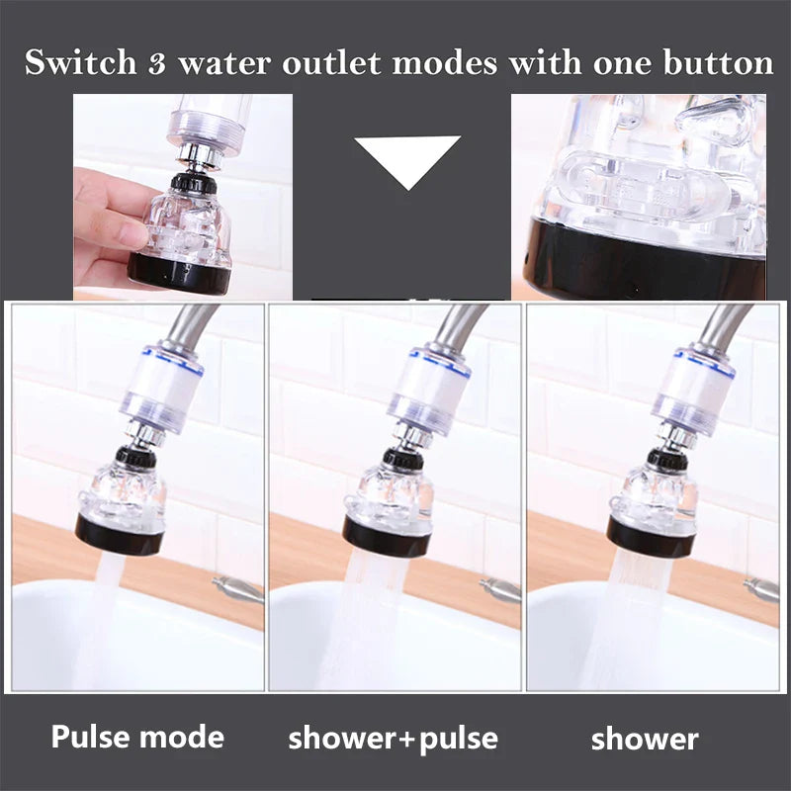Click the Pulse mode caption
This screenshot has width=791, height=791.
[137, 737]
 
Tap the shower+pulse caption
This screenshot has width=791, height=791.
[393, 738]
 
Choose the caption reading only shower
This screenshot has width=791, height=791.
[645, 739]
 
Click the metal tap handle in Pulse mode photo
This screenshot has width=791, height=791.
[238, 590]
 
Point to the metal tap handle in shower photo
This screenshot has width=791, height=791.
[761, 588]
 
